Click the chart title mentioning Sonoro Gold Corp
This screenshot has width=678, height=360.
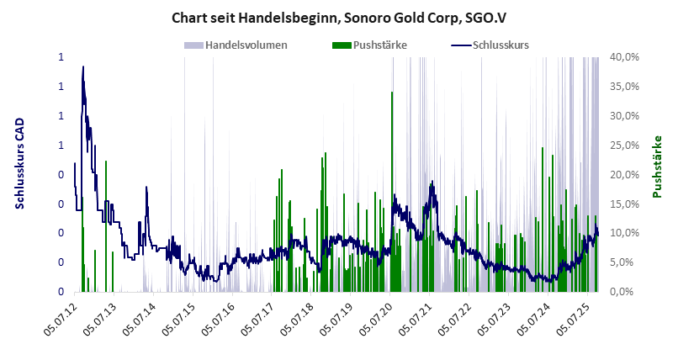339,17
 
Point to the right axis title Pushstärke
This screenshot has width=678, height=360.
658,167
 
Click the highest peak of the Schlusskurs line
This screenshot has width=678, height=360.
82,66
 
